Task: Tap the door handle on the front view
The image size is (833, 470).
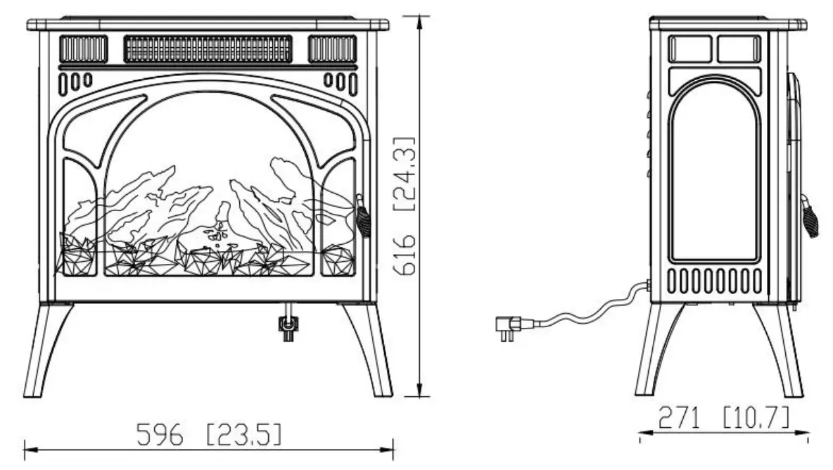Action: pyautogui.click(x=362, y=216)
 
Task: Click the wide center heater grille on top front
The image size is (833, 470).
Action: pyautogui.click(x=208, y=49)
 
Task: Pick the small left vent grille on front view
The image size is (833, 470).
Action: pyautogui.click(x=84, y=49)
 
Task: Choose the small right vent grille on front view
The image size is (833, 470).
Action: pyautogui.click(x=332, y=49)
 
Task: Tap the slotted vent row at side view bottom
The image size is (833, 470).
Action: pyautogui.click(x=714, y=281)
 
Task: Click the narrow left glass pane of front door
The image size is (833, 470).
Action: pyautogui.click(x=79, y=218)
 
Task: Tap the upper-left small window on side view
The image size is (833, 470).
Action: pyautogui.click(x=690, y=49)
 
